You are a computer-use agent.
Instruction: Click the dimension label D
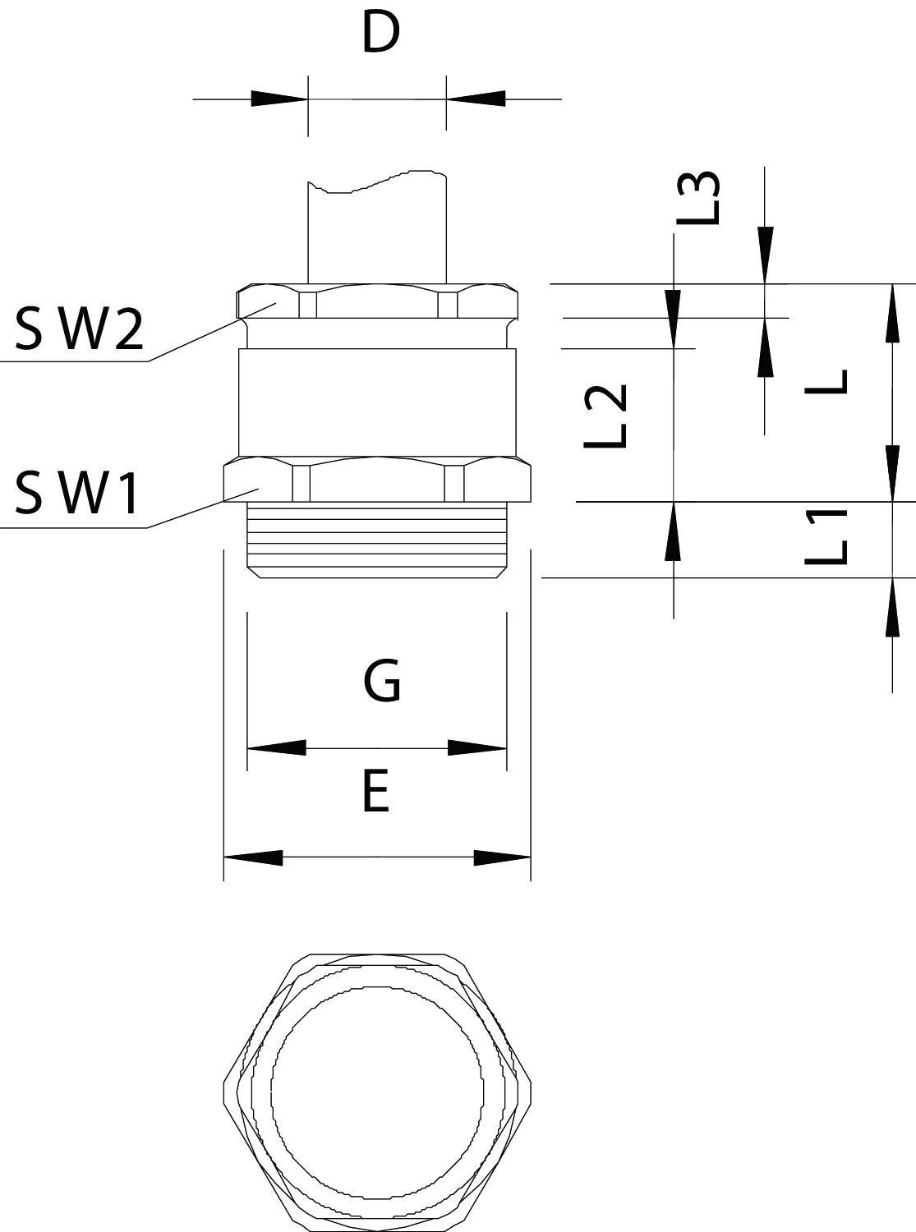tap(380, 34)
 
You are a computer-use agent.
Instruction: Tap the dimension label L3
tap(698, 198)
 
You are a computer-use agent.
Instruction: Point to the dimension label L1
tap(826, 537)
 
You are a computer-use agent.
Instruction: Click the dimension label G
tap(381, 682)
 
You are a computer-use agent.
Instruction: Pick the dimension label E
tap(375, 793)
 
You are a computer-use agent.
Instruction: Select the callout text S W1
tap(77, 494)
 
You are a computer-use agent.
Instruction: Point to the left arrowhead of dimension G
tap(276, 747)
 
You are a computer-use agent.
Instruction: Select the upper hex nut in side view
tap(378, 301)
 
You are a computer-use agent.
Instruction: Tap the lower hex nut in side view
tap(378, 480)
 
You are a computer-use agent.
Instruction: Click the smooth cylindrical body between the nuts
tap(378, 401)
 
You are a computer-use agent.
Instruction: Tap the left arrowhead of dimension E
tap(253, 857)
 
